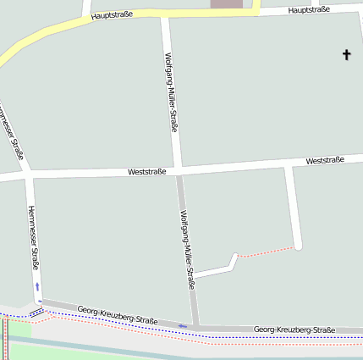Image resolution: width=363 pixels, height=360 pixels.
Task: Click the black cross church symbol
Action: click(346, 55)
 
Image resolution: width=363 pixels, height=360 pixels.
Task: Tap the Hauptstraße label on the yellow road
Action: click(112, 15)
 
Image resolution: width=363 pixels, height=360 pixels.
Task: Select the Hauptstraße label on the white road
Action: click(308, 10)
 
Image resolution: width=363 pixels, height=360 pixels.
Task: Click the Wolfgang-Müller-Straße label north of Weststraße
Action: click(170, 91)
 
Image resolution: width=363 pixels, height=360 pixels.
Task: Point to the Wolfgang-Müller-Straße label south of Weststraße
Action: click(187, 250)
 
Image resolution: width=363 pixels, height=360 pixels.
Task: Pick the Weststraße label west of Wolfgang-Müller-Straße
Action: click(147, 171)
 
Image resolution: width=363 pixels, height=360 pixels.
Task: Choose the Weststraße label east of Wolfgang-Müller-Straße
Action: click(325, 160)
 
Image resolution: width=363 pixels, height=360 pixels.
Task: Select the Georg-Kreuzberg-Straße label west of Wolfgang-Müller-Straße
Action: click(118, 315)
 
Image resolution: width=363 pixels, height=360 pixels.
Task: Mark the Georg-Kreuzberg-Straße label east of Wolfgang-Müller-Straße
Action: click(294, 329)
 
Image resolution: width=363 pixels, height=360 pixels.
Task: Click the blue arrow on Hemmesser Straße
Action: click(37, 287)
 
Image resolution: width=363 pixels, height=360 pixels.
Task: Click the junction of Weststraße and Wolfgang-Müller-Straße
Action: click(178, 170)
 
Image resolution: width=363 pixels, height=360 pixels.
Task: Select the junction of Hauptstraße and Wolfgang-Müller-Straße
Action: click(165, 14)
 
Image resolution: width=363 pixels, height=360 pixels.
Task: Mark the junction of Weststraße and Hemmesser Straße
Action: click(29, 177)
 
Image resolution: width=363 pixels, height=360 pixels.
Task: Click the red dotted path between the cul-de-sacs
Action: click(266, 252)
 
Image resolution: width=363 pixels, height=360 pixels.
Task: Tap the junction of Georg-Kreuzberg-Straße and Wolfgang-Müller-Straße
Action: click(195, 325)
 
